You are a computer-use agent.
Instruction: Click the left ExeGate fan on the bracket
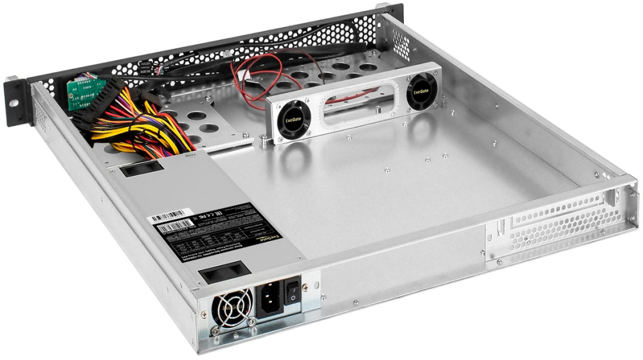[293, 120]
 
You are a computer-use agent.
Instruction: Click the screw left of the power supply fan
[204, 314]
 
